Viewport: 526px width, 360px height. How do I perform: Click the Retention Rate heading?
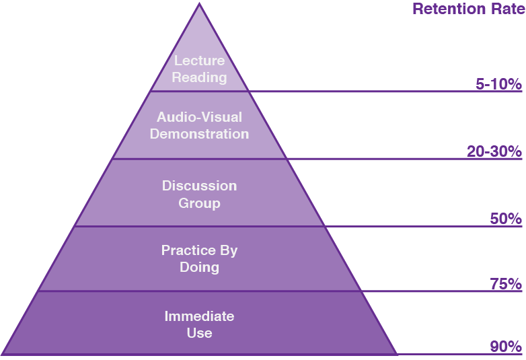pyautogui.click(x=467, y=9)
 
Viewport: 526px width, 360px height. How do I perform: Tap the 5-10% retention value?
pyautogui.click(x=498, y=84)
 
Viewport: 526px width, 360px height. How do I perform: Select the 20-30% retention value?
pyautogui.click(x=494, y=151)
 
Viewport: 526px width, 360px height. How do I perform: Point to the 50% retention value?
pyautogui.click(x=506, y=219)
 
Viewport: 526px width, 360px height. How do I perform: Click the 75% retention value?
pyautogui.click(x=506, y=284)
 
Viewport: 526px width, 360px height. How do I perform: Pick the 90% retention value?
pyautogui.click(x=506, y=347)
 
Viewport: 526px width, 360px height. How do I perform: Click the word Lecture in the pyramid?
pyautogui.click(x=199, y=61)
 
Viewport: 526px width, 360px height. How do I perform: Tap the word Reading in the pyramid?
pyautogui.click(x=199, y=77)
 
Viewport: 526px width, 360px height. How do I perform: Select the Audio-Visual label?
pyautogui.click(x=199, y=117)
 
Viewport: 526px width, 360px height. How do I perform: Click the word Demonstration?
pyautogui.click(x=199, y=134)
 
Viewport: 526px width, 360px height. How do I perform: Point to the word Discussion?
pyautogui.click(x=199, y=186)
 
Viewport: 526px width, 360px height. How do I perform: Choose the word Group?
pyautogui.click(x=199, y=203)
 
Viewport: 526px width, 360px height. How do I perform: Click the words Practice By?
pyautogui.click(x=199, y=250)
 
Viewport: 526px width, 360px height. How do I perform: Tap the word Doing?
pyautogui.click(x=199, y=267)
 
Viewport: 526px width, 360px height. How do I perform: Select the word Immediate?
pyautogui.click(x=199, y=316)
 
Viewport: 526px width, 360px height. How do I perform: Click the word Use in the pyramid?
pyautogui.click(x=199, y=333)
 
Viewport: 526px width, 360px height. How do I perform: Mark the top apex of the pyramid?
pyautogui.click(x=199, y=3)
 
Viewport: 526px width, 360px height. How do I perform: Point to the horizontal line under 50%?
pyautogui.click(x=424, y=226)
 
